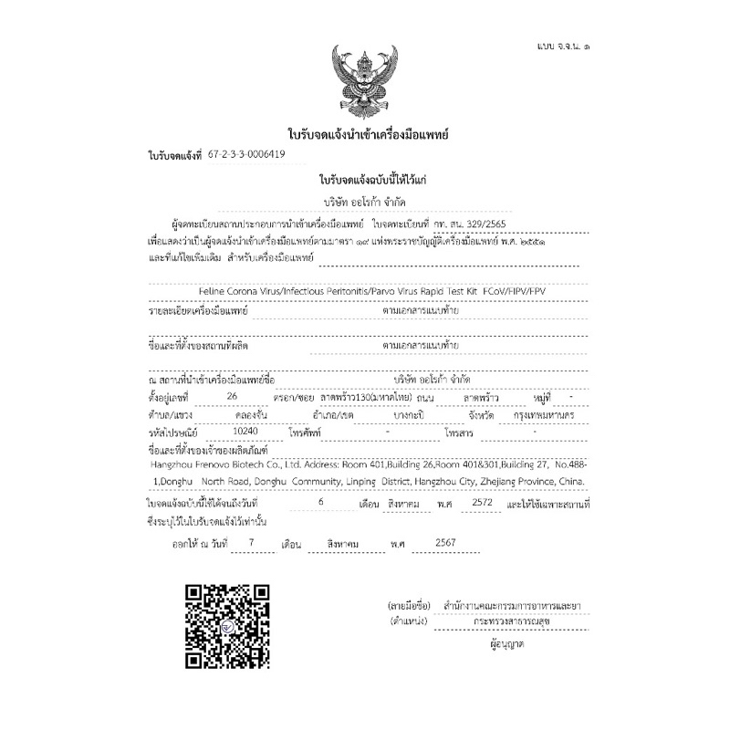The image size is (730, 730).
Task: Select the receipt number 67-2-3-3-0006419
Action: tap(246, 155)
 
